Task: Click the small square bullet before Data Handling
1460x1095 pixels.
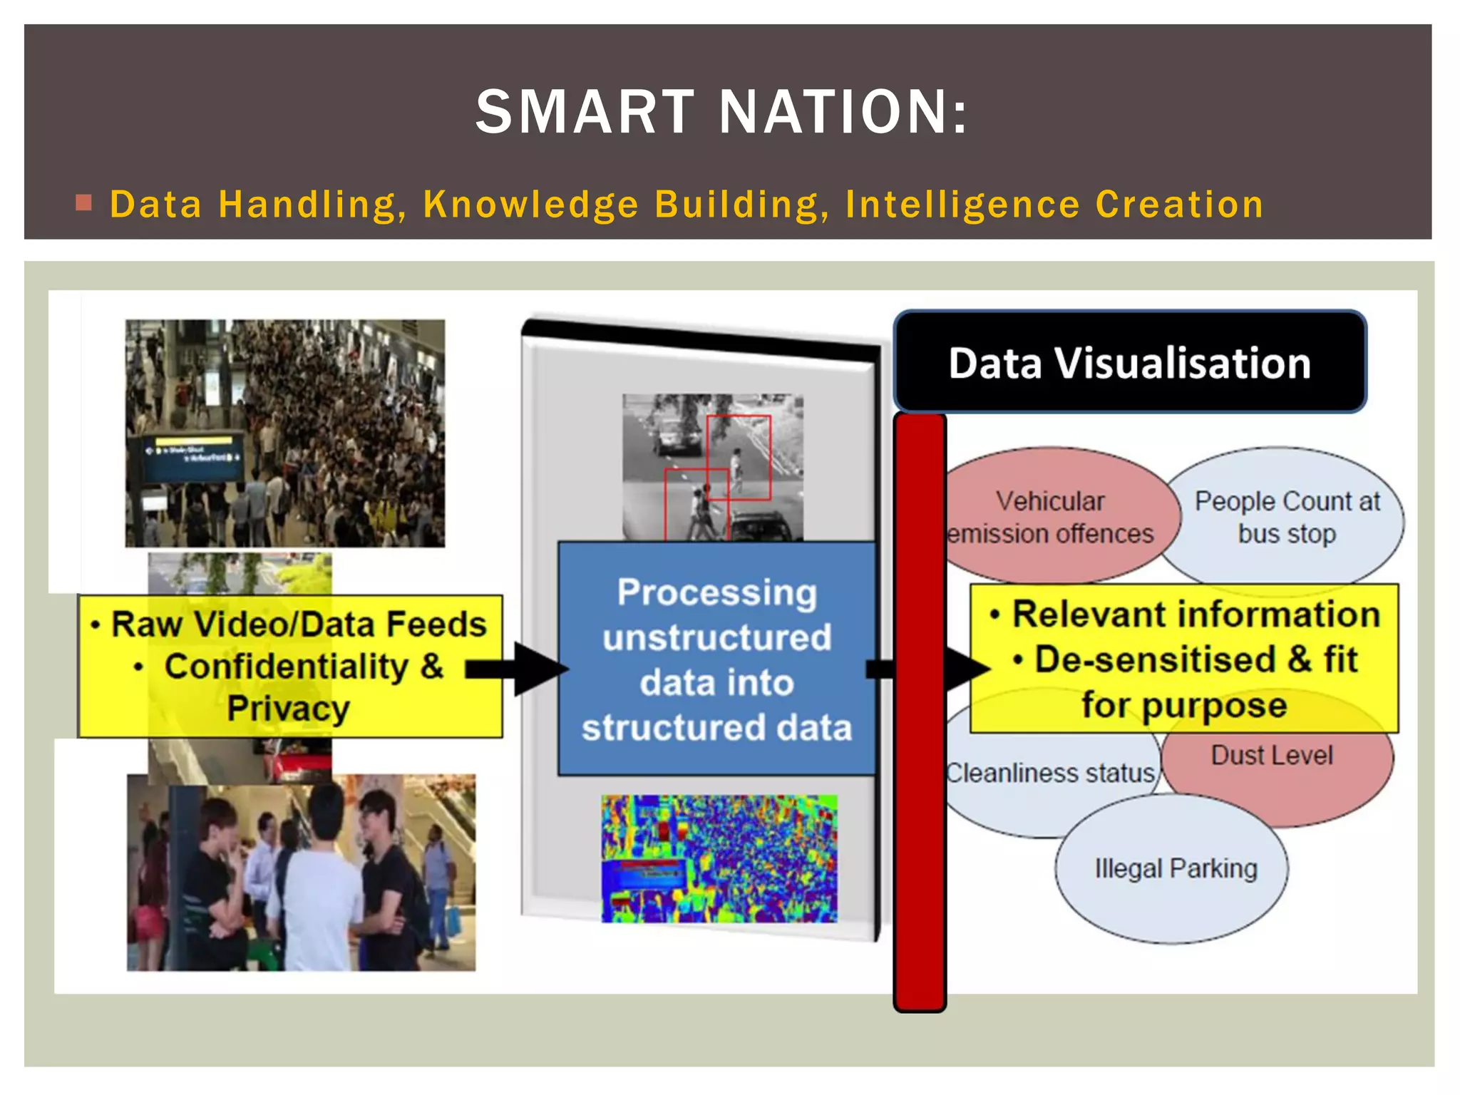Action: [84, 204]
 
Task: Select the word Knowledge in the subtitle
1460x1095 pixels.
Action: [530, 205]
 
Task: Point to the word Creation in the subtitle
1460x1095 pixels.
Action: [1179, 205]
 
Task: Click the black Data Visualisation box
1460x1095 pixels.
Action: [1129, 362]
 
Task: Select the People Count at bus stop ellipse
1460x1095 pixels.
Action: [1287, 516]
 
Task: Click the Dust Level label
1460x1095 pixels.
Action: [1272, 756]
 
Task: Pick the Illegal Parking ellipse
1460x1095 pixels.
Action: [1175, 868]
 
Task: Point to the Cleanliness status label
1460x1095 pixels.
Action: [1049, 773]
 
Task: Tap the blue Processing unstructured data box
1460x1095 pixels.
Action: [716, 659]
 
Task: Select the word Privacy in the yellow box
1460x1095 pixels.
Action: [289, 709]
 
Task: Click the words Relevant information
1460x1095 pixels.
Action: [1196, 615]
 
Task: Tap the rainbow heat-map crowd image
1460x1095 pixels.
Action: [719, 858]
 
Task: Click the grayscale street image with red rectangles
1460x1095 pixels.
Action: [713, 467]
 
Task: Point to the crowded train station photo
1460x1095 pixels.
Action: [285, 433]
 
